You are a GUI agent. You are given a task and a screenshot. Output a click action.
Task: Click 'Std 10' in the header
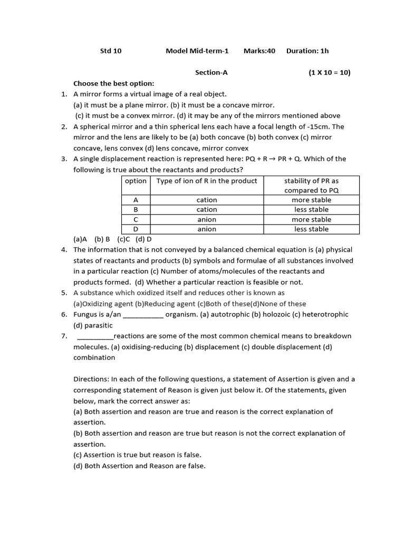point(111,51)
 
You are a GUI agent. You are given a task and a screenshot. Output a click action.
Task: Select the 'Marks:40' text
point(259,51)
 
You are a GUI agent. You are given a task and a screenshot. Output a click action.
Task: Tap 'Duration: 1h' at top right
point(307,51)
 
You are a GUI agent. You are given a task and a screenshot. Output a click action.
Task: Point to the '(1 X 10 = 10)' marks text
point(330,73)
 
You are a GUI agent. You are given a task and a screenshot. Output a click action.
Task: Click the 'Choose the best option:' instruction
point(114,83)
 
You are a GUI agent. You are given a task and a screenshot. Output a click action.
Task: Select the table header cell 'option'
point(136,181)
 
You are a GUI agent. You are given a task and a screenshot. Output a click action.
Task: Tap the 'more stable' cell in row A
point(311,200)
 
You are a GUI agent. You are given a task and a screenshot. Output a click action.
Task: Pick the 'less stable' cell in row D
point(311,229)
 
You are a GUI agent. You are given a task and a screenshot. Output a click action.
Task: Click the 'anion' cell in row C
point(207,219)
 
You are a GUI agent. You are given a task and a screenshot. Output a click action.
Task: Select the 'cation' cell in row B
point(207,209)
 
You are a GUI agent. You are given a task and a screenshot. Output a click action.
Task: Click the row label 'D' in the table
point(136,229)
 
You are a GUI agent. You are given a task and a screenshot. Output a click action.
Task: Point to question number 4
point(64,250)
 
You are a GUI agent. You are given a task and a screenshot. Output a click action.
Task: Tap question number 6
point(64,314)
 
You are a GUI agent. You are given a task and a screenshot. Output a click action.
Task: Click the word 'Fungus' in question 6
point(85,314)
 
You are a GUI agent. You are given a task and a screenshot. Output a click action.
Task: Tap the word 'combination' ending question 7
point(94,358)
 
